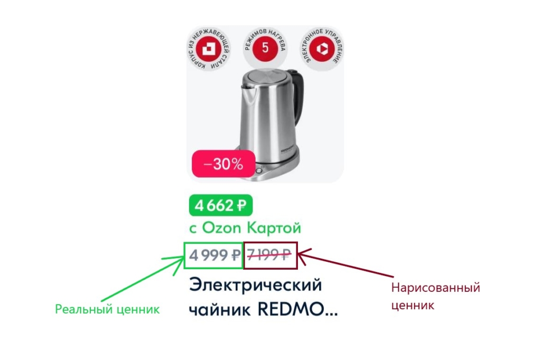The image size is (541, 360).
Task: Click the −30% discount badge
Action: [223, 164]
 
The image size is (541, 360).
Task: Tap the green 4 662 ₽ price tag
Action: [221, 205]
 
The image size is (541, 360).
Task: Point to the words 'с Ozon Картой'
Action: [245, 228]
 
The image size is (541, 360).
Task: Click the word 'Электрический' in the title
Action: [256, 285]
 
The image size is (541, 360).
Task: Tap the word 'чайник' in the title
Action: [220, 309]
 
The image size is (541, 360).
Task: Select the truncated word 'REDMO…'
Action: [298, 309]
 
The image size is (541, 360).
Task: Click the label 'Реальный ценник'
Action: [107, 309]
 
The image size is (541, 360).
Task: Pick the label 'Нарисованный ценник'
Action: [435, 296]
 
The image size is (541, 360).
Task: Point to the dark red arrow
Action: [345, 262]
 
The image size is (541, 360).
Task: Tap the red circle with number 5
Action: [265, 48]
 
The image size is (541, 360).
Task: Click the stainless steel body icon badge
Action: [208, 49]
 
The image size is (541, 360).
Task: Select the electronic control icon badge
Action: [322, 49]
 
